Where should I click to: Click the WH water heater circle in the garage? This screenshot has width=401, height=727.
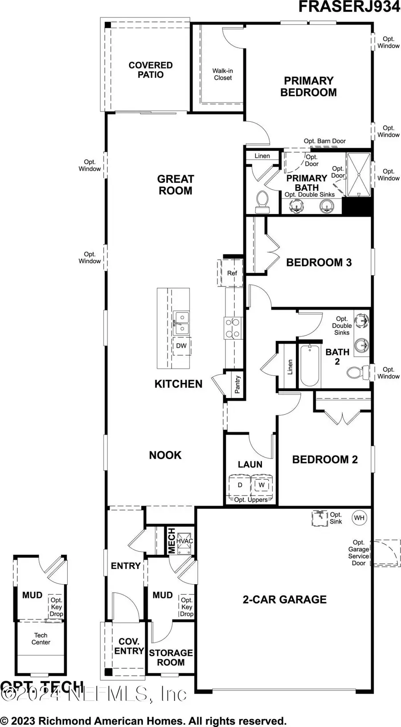[359, 518]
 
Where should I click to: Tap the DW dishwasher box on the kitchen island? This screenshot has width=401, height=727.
[181, 346]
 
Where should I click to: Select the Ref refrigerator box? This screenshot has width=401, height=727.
[232, 273]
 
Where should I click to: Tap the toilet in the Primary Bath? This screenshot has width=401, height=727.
[262, 203]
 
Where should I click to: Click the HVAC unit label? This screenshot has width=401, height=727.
[184, 541]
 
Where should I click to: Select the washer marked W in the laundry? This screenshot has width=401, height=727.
[262, 485]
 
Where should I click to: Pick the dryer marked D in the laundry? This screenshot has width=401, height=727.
[240, 485]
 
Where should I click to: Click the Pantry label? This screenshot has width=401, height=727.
[237, 384]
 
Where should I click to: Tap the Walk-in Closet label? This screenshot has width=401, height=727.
[223, 74]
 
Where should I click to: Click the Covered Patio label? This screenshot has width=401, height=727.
[151, 70]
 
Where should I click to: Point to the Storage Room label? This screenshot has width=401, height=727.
[171, 658]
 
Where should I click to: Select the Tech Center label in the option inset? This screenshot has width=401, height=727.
[41, 639]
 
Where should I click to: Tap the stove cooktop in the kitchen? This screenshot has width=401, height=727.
[233, 328]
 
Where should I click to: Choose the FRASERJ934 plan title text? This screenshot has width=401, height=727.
[349, 7]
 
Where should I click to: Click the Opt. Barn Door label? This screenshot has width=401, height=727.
[324, 141]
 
